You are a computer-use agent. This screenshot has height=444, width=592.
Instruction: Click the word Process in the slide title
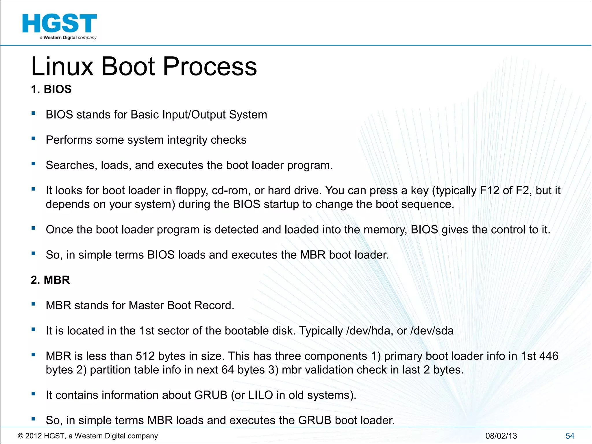(210, 66)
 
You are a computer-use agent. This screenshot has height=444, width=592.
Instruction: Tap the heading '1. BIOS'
(51, 89)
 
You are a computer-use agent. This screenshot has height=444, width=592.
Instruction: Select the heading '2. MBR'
(50, 280)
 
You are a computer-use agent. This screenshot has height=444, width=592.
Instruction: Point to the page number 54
(570, 436)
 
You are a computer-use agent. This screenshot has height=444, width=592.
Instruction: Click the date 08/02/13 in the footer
(501, 436)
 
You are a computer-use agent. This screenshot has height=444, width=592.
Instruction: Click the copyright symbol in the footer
(21, 436)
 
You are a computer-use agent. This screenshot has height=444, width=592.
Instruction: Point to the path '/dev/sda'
(432, 331)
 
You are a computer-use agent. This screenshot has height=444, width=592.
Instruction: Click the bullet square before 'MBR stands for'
(34, 304)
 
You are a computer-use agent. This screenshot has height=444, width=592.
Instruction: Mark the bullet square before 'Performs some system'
(34, 138)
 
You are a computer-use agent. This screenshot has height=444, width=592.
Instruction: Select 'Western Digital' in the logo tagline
(60, 38)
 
